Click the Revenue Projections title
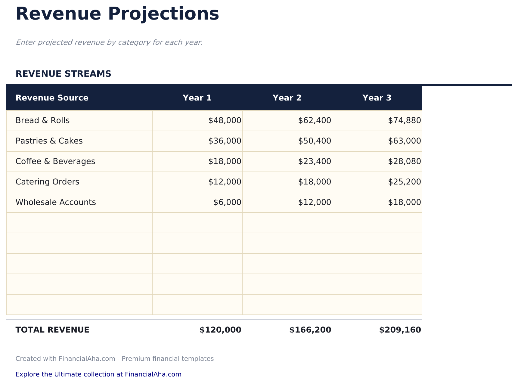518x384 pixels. tap(117, 14)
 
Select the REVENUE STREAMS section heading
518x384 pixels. tap(63, 74)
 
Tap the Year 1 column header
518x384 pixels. tap(197, 98)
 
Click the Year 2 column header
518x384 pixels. tap(287, 98)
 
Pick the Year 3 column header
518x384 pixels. tap(377, 98)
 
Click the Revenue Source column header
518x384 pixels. tap(52, 98)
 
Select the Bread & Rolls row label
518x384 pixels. tap(42, 120)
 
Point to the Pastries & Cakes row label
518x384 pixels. tap(49, 141)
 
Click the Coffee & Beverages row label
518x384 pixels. tap(55, 161)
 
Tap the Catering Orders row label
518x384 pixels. tap(47, 182)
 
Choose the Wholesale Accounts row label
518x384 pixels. tap(56, 202)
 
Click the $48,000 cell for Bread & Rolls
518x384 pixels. tap(225, 120)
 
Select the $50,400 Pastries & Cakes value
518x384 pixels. tap(315, 141)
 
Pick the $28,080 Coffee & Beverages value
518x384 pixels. tap(405, 161)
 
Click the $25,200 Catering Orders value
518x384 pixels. tap(405, 182)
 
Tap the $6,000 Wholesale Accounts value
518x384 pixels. tap(227, 202)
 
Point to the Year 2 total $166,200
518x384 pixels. tap(310, 330)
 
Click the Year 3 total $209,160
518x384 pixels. tap(400, 330)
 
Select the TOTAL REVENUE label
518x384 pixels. tap(52, 330)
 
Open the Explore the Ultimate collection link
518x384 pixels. tap(98, 374)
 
